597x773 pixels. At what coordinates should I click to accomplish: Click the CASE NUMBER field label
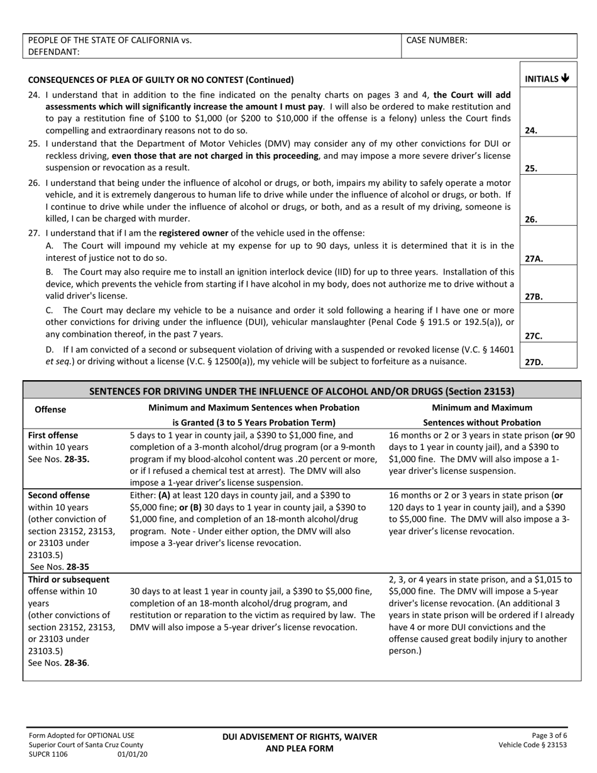(x=437, y=40)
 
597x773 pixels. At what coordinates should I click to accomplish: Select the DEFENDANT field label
(x=54, y=52)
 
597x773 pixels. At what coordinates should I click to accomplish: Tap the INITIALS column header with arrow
(x=547, y=79)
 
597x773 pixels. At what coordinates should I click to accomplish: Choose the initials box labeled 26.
(x=548, y=201)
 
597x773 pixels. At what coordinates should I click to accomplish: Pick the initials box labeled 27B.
(x=548, y=285)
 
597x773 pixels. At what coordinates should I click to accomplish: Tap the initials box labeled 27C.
(x=548, y=324)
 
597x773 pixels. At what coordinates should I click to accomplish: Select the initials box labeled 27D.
(x=548, y=355)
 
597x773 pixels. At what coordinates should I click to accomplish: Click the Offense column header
(x=50, y=409)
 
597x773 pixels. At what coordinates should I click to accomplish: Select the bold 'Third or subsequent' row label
(x=68, y=579)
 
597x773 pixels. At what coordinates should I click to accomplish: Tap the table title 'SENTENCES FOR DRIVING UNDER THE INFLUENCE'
(x=302, y=391)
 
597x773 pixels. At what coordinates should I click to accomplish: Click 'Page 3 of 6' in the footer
(x=549, y=735)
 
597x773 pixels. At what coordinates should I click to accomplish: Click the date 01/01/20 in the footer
(x=133, y=754)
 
